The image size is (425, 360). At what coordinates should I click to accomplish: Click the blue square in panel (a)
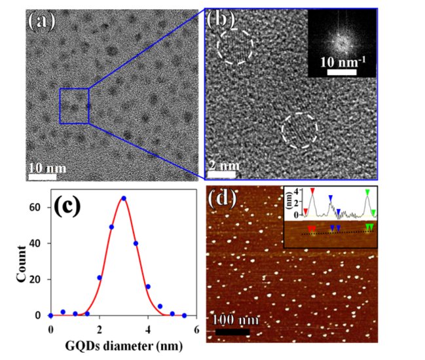pos(73,105)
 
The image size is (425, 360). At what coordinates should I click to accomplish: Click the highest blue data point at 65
pos(124,198)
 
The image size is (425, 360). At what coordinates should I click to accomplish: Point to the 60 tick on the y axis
pos(40,207)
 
